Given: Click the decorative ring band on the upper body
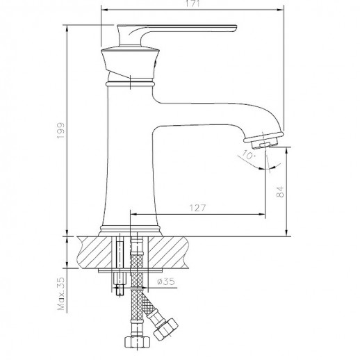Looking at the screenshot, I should (x=130, y=83).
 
